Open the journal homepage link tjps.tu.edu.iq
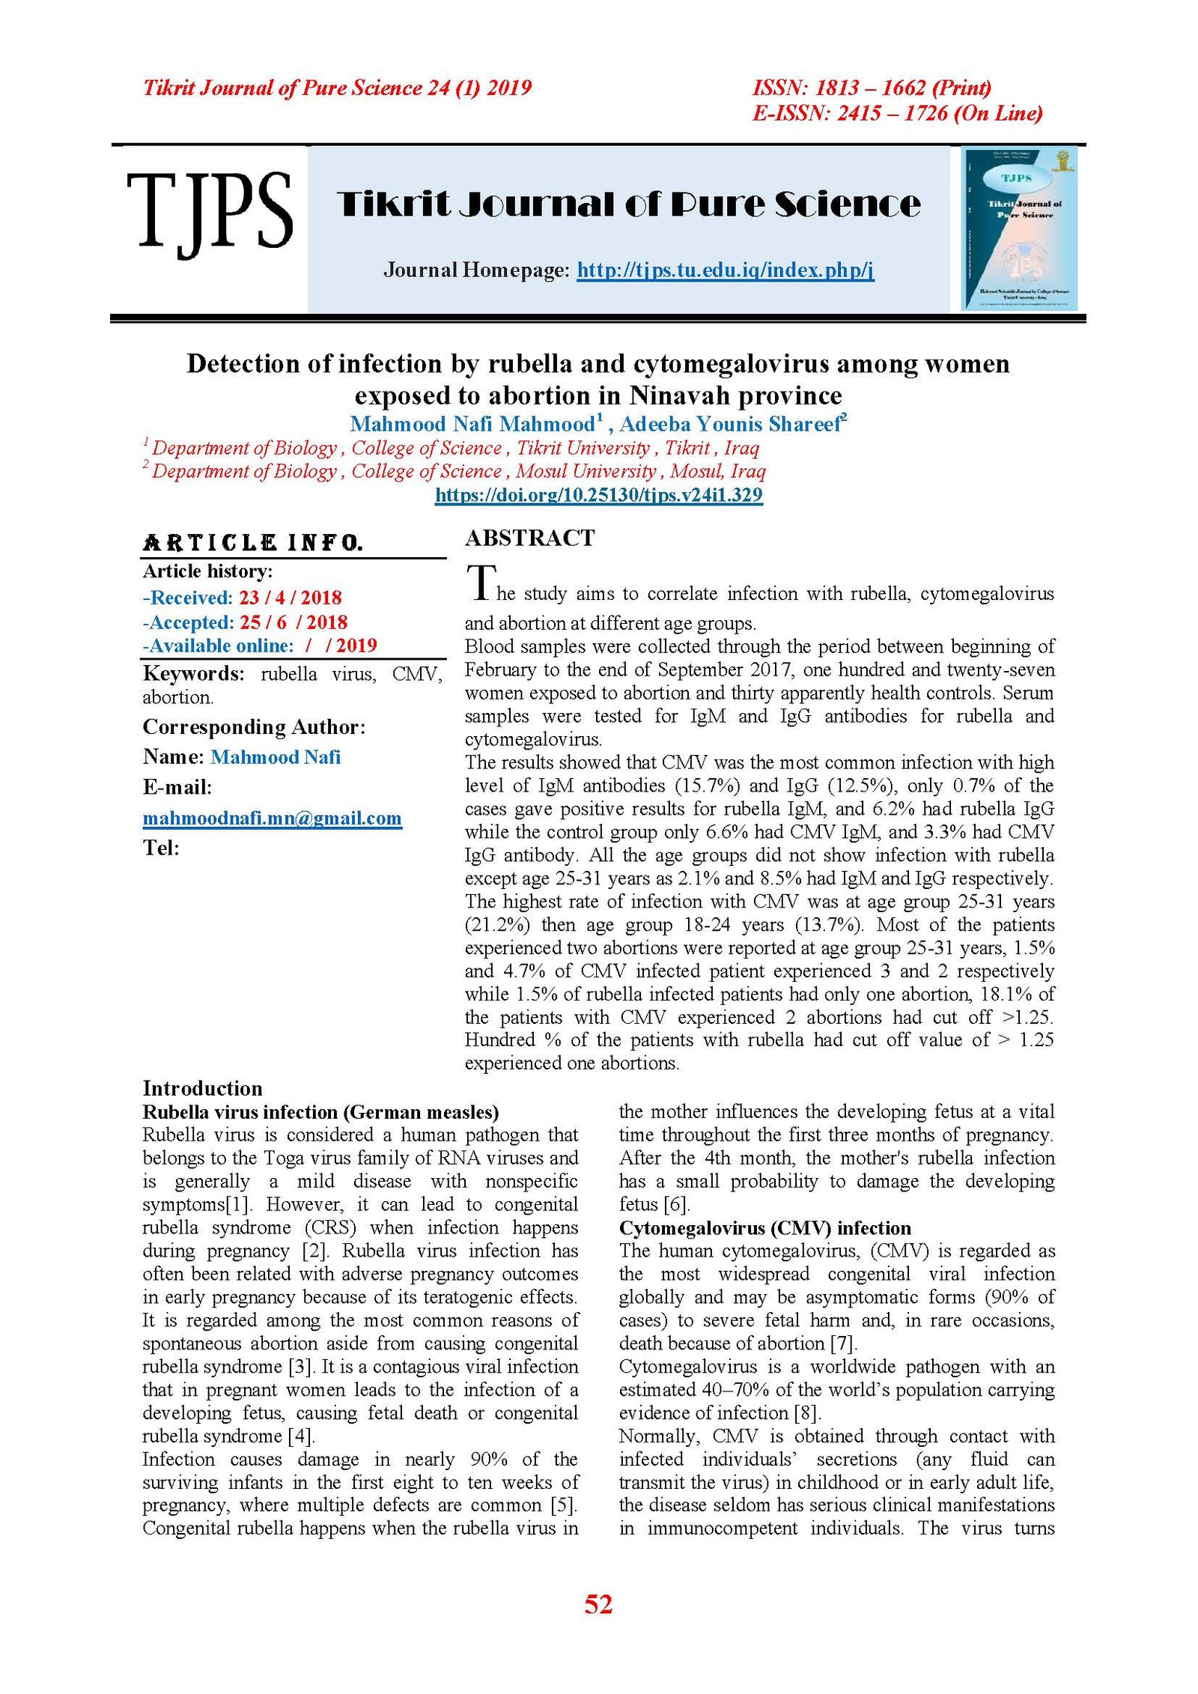pyautogui.click(x=725, y=270)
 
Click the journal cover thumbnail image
pyautogui.click(x=1019, y=229)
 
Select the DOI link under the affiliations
pyautogui.click(x=598, y=495)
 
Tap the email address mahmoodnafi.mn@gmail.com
pyautogui.click(x=272, y=818)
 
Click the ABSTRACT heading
pyautogui.click(x=529, y=538)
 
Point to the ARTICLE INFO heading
pyautogui.click(x=253, y=542)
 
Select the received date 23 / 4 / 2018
pyautogui.click(x=291, y=598)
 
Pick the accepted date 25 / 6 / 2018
pyautogui.click(x=294, y=622)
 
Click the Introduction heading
pyautogui.click(x=202, y=1088)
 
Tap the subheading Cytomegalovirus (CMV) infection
pyautogui.click(x=764, y=1228)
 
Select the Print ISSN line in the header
pyautogui.click(x=872, y=88)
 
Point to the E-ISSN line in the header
pyautogui.click(x=897, y=113)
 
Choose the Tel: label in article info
pyautogui.click(x=161, y=848)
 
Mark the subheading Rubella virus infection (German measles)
pyautogui.click(x=320, y=1111)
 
